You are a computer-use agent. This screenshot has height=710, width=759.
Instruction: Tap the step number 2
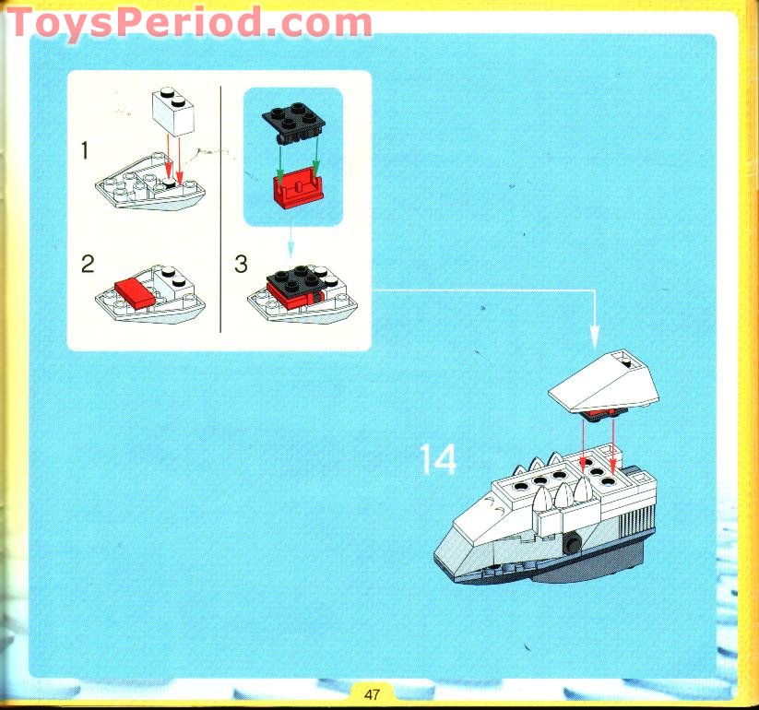coord(88,265)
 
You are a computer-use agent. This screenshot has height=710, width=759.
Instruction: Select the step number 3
coord(241,265)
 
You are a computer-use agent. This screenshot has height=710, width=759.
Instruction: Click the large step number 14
coord(437,459)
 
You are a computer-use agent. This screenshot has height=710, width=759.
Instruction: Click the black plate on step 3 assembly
coord(298,278)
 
